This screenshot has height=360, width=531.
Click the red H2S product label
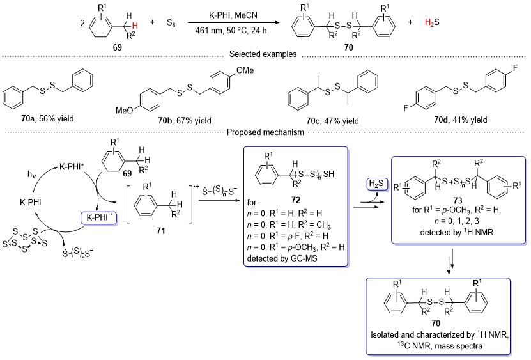[432, 23]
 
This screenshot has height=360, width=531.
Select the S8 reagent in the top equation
[171, 23]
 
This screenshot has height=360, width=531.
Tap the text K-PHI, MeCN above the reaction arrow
[233, 15]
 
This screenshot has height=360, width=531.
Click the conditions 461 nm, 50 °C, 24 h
[231, 31]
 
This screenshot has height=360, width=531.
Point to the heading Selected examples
[263, 54]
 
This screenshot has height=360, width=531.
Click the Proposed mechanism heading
[265, 132]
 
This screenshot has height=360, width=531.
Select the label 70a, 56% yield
[47, 119]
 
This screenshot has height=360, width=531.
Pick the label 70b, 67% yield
[185, 121]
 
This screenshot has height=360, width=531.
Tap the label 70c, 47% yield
[332, 121]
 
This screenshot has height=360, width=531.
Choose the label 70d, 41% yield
[461, 120]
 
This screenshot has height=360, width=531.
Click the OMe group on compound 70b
[245, 70]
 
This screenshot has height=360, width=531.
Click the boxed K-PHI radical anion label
[98, 217]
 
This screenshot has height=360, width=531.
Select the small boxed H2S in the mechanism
[376, 184]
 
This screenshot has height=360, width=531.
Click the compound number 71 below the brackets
[161, 231]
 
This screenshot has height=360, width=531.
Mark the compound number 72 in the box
[296, 200]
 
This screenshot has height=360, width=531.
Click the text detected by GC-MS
[282, 258]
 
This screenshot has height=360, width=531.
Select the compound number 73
[458, 200]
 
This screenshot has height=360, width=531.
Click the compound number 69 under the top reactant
[118, 47]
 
